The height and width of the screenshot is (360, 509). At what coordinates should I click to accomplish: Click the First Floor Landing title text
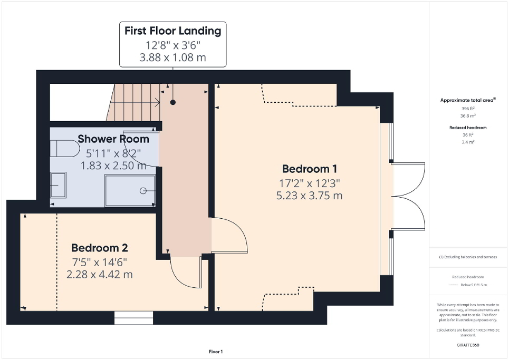click(172, 31)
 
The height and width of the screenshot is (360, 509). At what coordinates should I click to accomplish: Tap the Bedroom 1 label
click(310, 169)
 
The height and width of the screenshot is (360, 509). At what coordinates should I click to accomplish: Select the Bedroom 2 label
click(100, 248)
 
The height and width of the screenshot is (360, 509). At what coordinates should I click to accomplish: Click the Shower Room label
click(113, 139)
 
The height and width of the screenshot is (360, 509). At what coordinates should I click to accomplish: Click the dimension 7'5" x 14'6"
click(100, 261)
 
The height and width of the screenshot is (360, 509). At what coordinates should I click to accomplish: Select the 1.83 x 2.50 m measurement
click(113, 166)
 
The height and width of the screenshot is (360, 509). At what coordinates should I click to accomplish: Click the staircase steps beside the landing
click(135, 102)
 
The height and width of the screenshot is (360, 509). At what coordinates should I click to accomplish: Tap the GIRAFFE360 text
click(468, 345)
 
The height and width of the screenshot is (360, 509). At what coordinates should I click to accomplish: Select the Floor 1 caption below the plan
click(215, 352)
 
